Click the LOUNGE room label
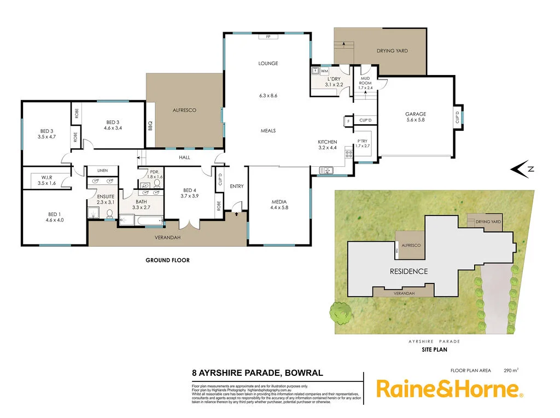click(x=268, y=63)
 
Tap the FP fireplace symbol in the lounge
click(x=268, y=37)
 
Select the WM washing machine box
click(x=324, y=71)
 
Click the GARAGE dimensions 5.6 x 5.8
click(x=415, y=120)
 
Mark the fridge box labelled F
click(x=348, y=120)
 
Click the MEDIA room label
click(x=279, y=201)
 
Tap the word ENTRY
click(x=237, y=187)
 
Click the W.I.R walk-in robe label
click(x=46, y=177)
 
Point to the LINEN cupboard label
click(x=102, y=171)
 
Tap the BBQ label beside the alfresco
click(x=150, y=126)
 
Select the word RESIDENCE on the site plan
click(x=409, y=271)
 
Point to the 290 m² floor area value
click(x=510, y=370)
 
